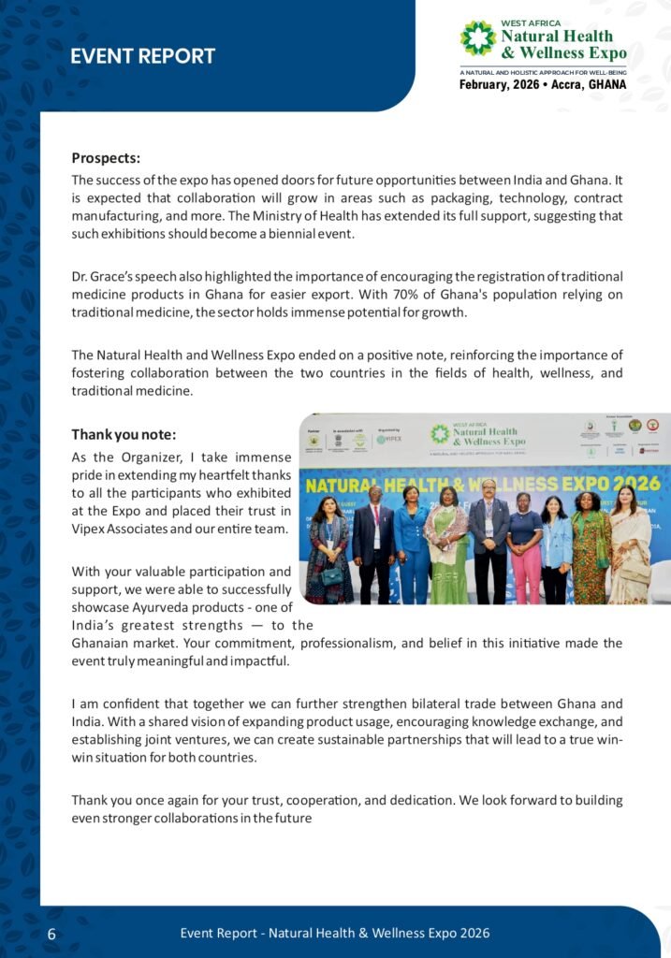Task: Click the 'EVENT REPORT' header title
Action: pos(142,56)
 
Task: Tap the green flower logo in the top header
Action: pos(477,38)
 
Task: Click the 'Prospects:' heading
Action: pos(106,157)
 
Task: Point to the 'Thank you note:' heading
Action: pos(124,434)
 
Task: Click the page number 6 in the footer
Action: pos(51,935)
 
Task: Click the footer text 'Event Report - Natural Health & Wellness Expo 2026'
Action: pos(335,933)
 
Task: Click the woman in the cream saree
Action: pos(628,547)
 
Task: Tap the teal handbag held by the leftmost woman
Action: pos(330,577)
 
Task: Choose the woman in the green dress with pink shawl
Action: pos(446,547)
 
